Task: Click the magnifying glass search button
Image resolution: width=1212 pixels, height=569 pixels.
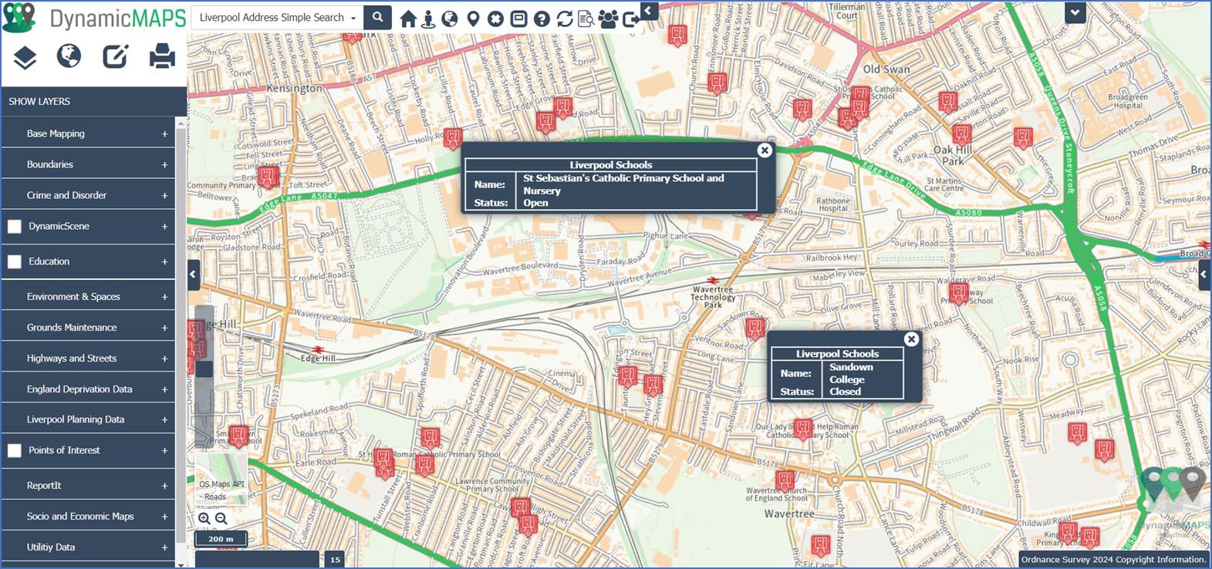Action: tap(377, 17)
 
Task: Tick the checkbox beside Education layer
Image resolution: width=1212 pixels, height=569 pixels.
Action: tap(15, 261)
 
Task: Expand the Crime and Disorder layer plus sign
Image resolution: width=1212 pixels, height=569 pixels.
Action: tap(164, 196)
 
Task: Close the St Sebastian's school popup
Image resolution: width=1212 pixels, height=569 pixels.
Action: tap(765, 150)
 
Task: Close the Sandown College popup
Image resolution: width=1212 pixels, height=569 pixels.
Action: tap(911, 339)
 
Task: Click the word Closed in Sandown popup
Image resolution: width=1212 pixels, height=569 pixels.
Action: tap(845, 392)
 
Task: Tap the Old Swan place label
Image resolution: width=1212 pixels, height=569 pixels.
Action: tap(886, 69)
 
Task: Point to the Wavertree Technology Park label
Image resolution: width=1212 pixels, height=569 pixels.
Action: tap(712, 297)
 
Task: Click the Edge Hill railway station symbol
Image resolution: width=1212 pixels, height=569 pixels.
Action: tap(318, 349)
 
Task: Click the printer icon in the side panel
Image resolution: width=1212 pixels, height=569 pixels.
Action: tap(162, 56)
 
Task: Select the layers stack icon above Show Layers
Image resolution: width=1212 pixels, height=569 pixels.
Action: tap(25, 57)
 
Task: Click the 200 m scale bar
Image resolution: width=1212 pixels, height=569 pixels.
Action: tap(221, 539)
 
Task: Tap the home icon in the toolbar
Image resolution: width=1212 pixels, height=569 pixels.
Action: tap(408, 19)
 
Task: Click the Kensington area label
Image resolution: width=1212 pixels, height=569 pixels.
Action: tap(294, 89)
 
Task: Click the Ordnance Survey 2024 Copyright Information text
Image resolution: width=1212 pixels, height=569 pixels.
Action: tap(1112, 560)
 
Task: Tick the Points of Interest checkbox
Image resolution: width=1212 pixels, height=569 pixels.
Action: tap(15, 450)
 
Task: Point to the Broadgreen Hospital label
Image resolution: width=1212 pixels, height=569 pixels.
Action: tap(1127, 101)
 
